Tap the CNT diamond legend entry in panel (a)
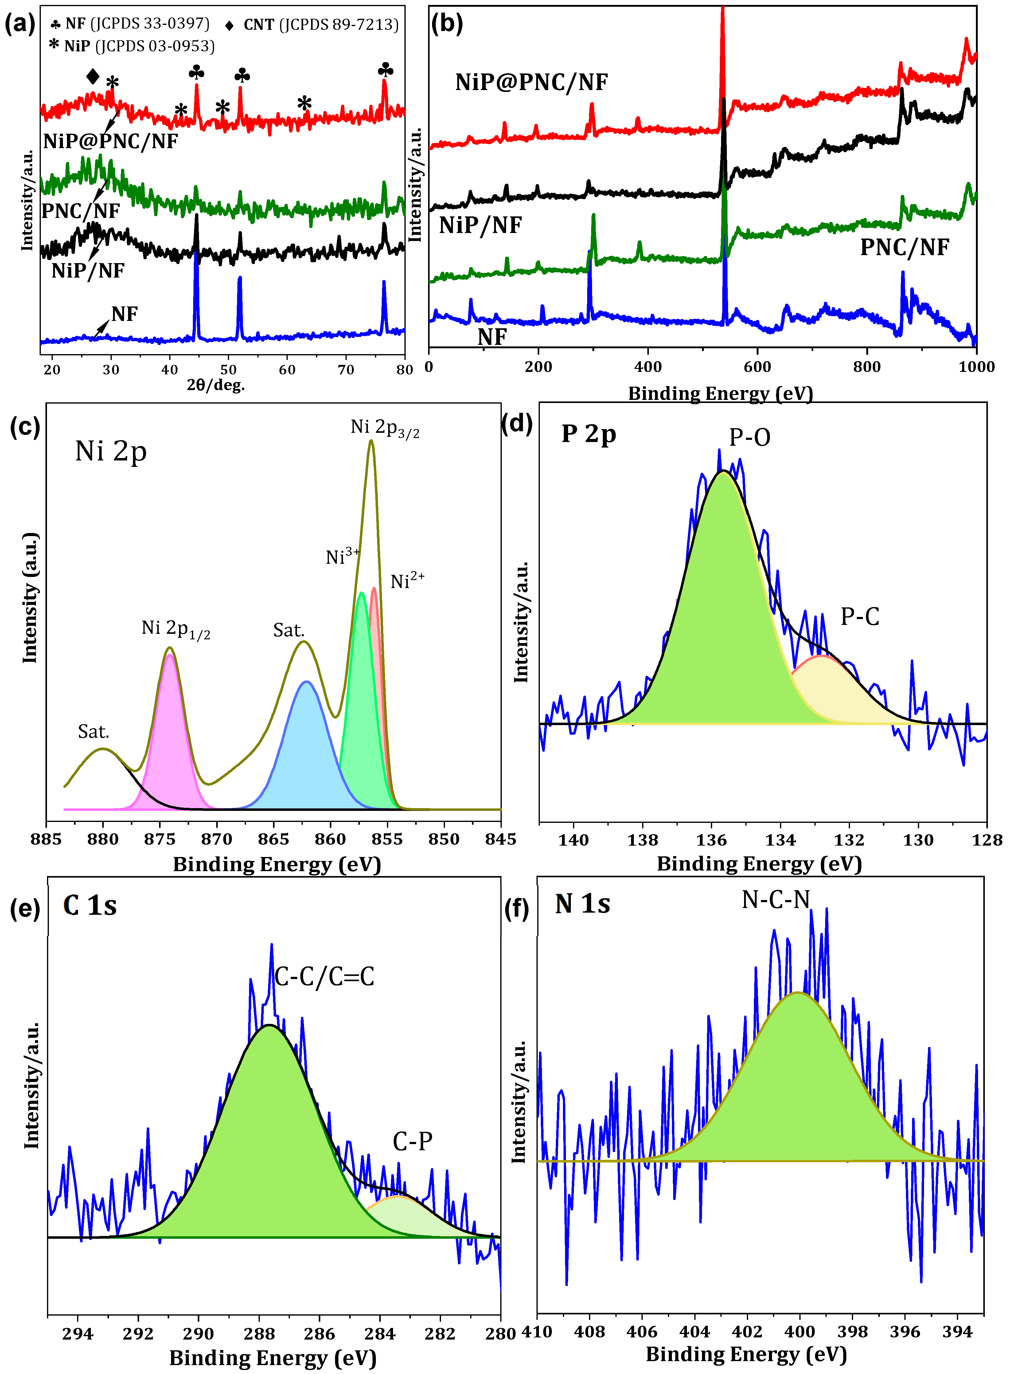(x=312, y=25)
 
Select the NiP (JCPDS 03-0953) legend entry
(x=132, y=46)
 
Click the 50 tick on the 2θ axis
(x=228, y=370)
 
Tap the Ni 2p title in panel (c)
(x=111, y=452)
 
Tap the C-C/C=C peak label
(x=324, y=977)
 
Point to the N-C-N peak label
(x=776, y=900)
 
